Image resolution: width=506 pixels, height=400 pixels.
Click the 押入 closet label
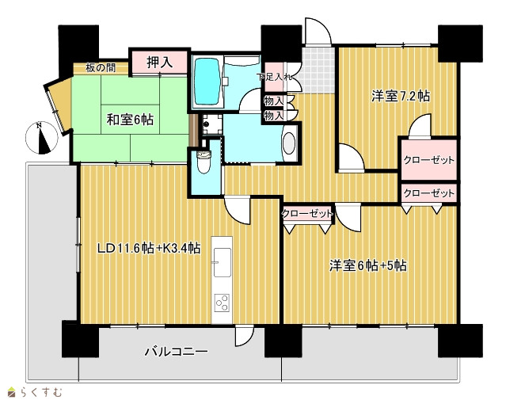[x=159, y=62]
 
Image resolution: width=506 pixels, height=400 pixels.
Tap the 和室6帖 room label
[x=130, y=120]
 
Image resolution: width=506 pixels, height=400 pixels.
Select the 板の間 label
[x=101, y=68]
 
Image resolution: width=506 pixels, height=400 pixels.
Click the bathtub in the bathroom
[x=207, y=81]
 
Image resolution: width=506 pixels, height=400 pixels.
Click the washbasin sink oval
[x=289, y=144]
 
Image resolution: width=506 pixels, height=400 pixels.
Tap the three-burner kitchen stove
[x=223, y=303]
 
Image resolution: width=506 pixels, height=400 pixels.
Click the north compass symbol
[x=42, y=138]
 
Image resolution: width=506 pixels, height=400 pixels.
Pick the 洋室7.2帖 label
[x=400, y=96]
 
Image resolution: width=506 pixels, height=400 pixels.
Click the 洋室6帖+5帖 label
[x=368, y=265]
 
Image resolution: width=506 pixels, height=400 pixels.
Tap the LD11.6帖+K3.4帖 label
[x=149, y=248]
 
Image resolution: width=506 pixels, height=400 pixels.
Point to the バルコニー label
[x=176, y=351]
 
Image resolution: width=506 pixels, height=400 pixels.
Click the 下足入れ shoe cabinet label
[x=275, y=77]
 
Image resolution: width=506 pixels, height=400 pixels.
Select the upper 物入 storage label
[x=273, y=101]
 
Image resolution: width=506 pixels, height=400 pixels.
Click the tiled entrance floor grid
[x=316, y=70]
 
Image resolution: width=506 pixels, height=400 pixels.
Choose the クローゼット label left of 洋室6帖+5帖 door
[x=307, y=214]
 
